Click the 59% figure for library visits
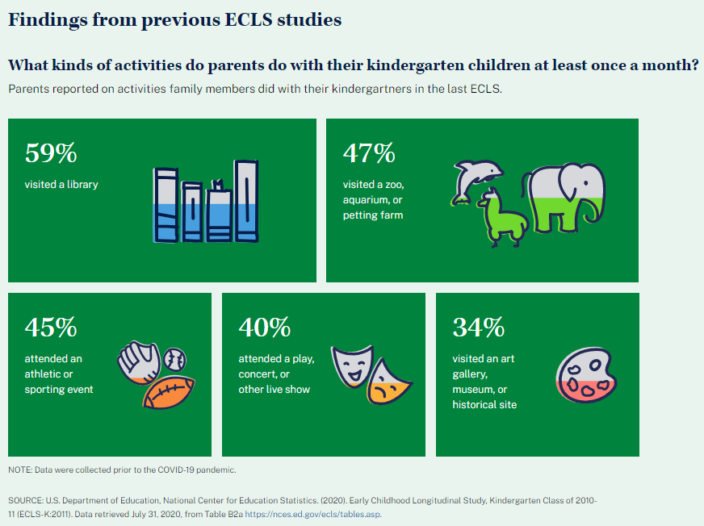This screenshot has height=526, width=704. (51, 153)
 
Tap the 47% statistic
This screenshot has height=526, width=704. (369, 153)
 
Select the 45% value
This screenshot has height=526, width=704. (51, 328)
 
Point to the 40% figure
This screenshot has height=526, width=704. (265, 328)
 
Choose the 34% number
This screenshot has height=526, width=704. (479, 328)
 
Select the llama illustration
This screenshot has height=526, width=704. (501, 217)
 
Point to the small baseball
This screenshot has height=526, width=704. (174, 358)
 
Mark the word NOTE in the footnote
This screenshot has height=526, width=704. (19, 470)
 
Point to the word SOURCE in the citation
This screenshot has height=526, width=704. (27, 501)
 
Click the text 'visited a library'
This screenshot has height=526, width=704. (61, 184)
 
